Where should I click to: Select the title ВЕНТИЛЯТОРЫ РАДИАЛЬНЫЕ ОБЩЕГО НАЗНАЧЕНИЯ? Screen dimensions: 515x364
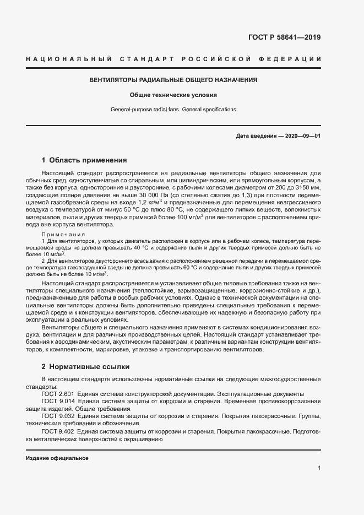tap(173, 80)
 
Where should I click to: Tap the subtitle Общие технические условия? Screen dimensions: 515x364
tap(173, 95)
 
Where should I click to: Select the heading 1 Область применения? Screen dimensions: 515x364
tap(84, 160)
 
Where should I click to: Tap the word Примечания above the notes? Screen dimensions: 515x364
tap(63, 234)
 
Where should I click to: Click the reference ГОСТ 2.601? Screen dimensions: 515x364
tap(58, 394)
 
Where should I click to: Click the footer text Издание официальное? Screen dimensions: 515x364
tap(57, 458)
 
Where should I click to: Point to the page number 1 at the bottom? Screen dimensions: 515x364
tap(319, 468)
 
